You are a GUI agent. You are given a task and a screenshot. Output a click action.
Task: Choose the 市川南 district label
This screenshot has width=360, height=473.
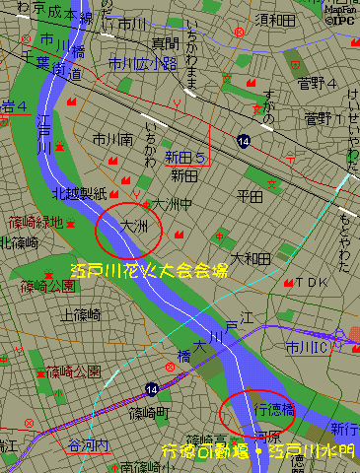click(112, 140)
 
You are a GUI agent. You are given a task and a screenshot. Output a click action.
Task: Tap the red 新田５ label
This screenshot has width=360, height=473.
click(184, 158)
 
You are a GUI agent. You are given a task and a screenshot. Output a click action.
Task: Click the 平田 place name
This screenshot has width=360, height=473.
click(251, 196)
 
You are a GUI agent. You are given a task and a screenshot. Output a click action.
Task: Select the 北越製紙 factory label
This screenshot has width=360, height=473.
click(79, 193)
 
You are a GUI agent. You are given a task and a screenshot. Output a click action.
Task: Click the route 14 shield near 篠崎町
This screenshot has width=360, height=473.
click(151, 389)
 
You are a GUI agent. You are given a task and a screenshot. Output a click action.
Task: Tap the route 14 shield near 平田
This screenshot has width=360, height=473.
click(243, 142)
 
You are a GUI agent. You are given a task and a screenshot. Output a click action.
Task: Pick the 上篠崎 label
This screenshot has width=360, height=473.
click(81, 315)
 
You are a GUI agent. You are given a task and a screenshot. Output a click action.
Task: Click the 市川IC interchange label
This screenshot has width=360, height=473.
click(307, 347)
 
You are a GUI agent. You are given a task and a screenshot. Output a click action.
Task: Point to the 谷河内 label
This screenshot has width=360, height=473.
click(87, 445)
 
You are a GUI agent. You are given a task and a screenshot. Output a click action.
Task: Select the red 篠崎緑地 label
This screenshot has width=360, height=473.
click(35, 223)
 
